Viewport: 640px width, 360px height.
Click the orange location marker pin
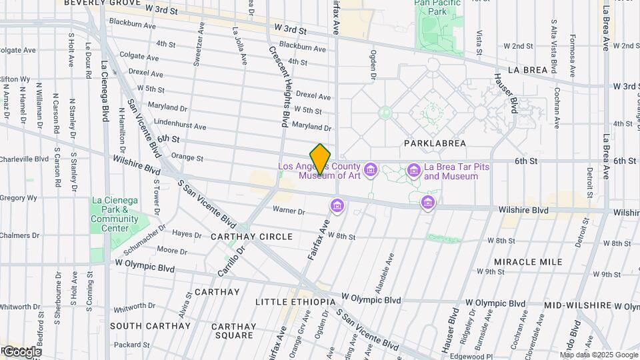point(321,159)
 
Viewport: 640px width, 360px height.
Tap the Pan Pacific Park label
point(439,7)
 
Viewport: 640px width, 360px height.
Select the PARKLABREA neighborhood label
point(435,143)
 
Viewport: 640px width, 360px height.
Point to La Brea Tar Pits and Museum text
point(451,171)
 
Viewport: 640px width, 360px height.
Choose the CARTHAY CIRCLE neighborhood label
point(251,237)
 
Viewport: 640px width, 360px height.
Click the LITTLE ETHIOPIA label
point(295,302)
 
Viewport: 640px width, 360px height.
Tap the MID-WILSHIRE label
point(577,305)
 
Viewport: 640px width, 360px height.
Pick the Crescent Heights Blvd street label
point(279,87)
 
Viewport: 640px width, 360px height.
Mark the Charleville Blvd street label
point(25,159)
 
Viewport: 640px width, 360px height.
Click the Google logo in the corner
point(21,351)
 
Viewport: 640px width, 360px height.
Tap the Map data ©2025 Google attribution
point(599,355)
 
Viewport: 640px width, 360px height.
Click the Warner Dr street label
point(288,211)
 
